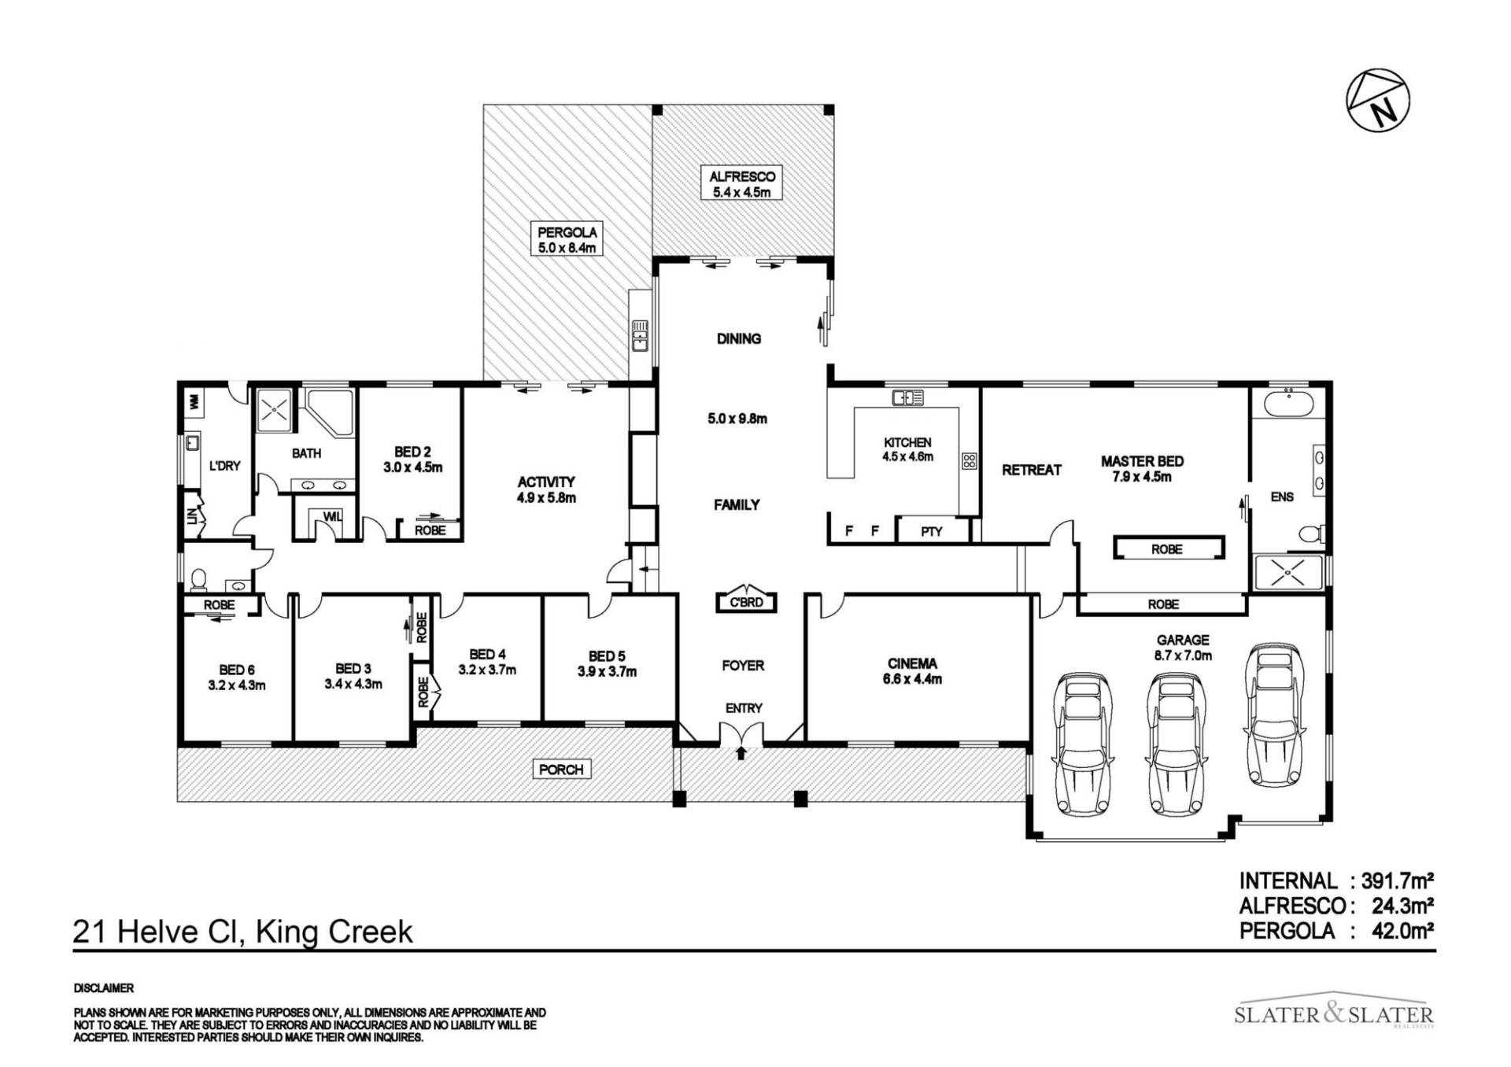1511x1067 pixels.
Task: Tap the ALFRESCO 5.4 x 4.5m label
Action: coord(742,184)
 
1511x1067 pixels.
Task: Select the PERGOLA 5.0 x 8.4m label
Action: coord(567,239)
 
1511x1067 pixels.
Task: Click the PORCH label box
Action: coord(561,770)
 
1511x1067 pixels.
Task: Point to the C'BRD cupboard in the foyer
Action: coord(746,601)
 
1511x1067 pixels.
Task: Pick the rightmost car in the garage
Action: coord(1275,714)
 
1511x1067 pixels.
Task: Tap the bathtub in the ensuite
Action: coord(1287,404)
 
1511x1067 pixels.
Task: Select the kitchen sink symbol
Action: coord(907,398)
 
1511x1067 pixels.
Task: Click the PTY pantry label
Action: coord(932,531)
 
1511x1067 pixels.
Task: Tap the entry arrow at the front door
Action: coord(741,754)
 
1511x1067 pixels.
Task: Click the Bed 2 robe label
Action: coord(430,530)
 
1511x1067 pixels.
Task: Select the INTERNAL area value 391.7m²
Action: coord(1403,881)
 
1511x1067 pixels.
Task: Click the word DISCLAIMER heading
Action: coord(104,988)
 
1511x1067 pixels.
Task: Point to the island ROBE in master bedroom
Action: coord(1168,548)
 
